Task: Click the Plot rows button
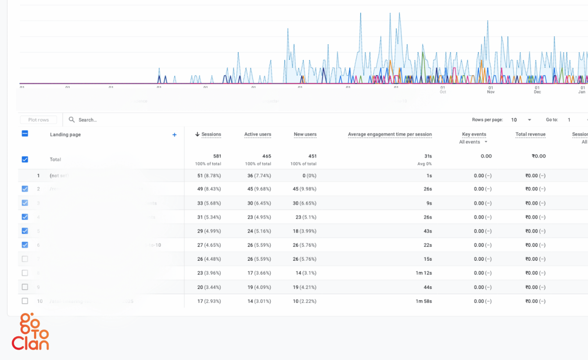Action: (39, 120)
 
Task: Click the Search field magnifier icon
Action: (72, 120)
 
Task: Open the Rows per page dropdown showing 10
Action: (521, 120)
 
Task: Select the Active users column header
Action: (258, 134)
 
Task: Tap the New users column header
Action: (305, 134)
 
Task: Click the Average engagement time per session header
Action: (390, 134)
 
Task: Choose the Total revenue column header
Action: (530, 134)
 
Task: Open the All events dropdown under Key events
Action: (473, 142)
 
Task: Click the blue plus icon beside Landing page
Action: (174, 135)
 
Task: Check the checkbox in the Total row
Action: (25, 159)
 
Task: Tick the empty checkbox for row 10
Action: (25, 301)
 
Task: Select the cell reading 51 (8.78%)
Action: (209, 176)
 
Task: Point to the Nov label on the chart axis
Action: (491, 92)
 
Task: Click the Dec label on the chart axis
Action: (537, 92)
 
